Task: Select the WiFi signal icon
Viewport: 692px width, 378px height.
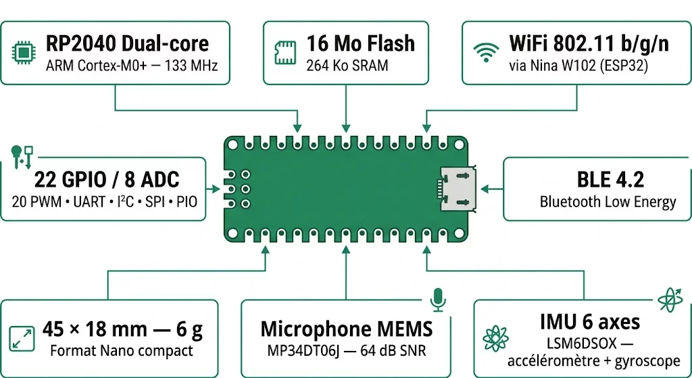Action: [485, 52]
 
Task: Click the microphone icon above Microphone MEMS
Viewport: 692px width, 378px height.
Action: [439, 298]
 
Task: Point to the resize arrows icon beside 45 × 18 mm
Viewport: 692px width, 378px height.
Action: [21, 337]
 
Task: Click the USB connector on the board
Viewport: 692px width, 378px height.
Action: [457, 186]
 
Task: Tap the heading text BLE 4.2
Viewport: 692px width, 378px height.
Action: [610, 179]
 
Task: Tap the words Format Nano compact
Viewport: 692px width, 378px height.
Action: [122, 350]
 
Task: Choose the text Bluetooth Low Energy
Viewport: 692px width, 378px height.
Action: [608, 202]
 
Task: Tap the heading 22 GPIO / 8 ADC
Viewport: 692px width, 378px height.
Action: [107, 179]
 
